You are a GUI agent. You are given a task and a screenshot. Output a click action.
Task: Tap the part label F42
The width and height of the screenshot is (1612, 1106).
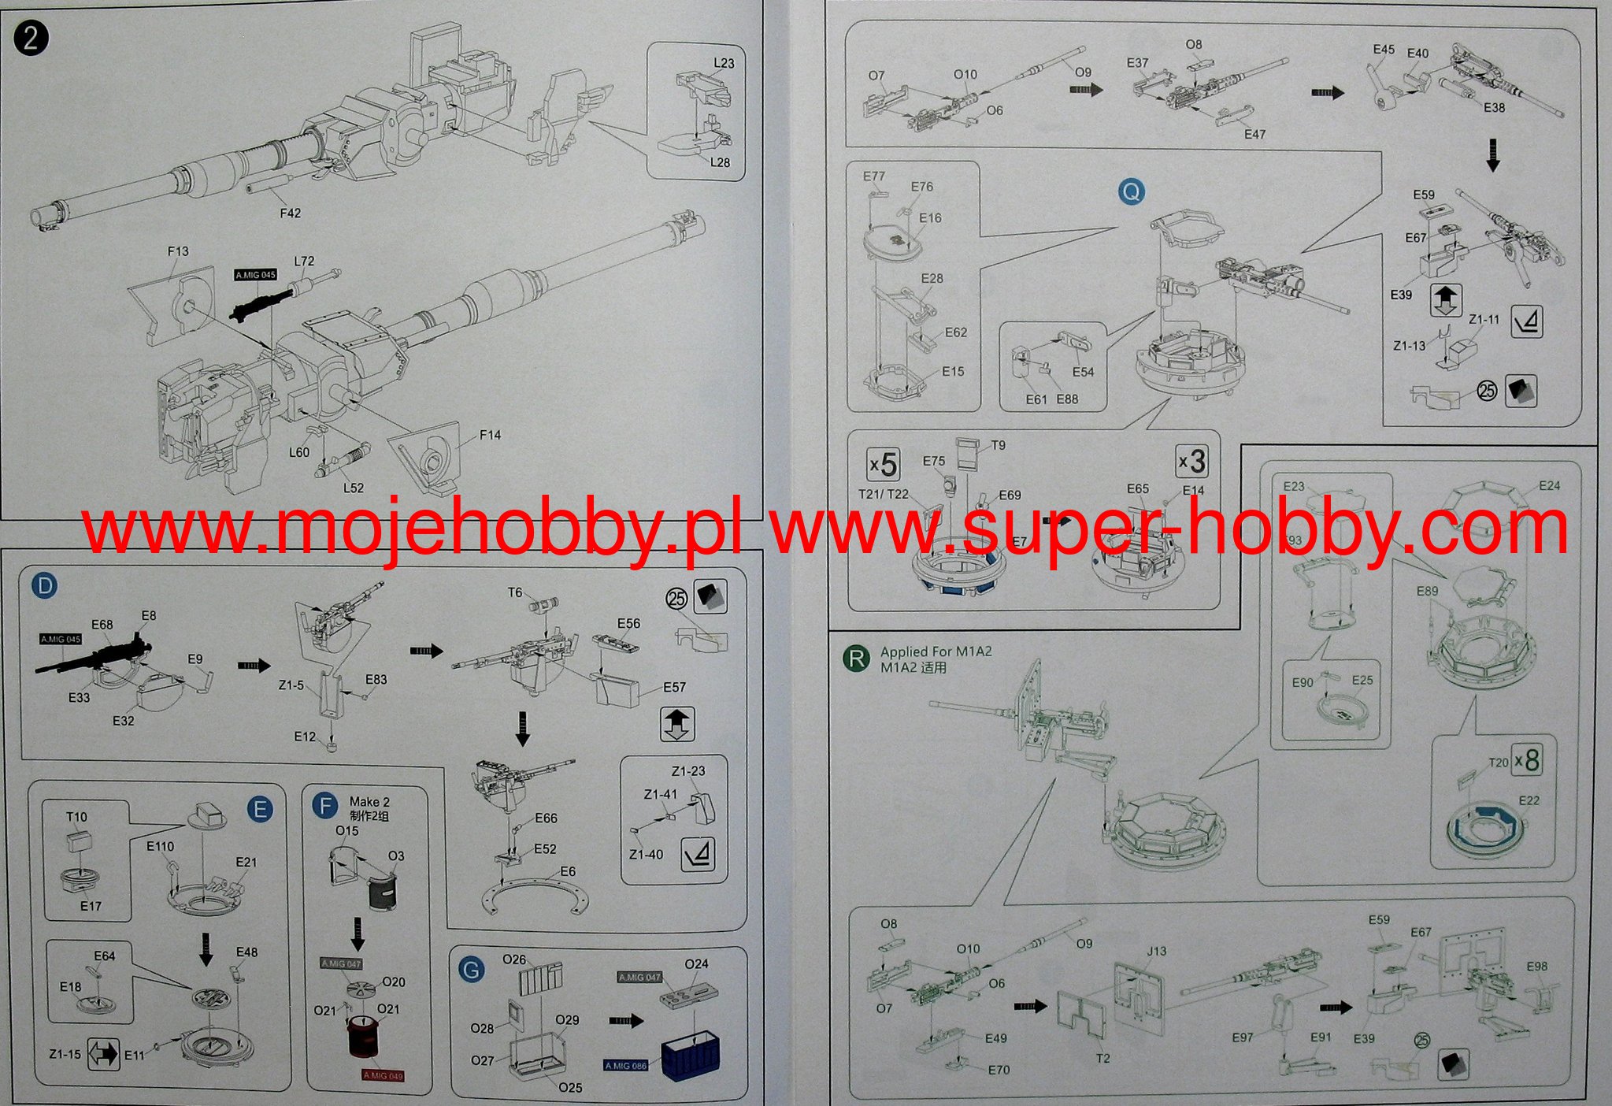290,213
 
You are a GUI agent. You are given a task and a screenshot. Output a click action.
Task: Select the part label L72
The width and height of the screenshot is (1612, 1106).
304,261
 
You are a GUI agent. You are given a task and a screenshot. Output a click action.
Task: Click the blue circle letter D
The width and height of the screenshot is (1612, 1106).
45,586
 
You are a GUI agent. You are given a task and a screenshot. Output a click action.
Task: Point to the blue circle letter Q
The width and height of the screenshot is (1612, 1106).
1131,191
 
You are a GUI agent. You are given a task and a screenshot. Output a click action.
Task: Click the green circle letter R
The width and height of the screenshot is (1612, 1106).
855,658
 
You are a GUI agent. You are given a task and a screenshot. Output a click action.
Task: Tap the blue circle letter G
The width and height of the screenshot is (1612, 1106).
471,969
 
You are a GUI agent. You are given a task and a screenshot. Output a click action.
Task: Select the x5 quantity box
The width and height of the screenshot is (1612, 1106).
884,464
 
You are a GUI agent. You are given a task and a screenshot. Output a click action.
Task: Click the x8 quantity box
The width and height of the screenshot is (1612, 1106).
1526,759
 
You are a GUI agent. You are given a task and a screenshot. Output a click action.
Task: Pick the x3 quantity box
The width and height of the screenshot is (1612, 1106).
1191,461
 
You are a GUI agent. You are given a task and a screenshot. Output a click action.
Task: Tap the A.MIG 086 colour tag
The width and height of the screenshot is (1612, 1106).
626,1066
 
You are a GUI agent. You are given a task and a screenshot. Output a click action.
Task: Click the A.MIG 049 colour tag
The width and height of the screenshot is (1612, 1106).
384,1075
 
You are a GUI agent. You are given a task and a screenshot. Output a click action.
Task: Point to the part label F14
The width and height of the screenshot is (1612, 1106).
490,435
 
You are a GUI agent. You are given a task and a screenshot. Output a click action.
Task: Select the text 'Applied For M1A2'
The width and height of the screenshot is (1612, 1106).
936,651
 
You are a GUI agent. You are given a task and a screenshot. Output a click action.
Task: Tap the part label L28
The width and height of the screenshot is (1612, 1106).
720,162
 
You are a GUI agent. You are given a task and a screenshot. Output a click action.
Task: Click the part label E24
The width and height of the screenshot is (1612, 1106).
1549,485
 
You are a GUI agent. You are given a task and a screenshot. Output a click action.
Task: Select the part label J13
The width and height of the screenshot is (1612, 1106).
1156,951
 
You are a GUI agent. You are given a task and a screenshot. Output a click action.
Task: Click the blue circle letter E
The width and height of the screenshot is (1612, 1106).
260,809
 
